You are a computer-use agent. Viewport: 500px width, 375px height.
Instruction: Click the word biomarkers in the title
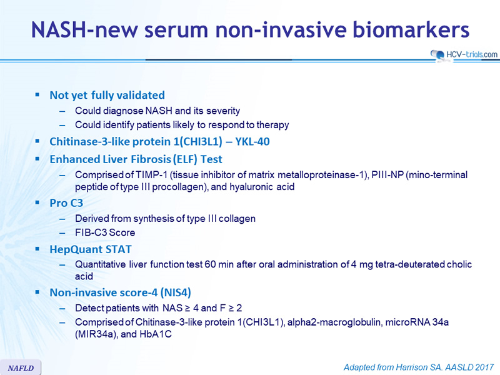(x=411, y=29)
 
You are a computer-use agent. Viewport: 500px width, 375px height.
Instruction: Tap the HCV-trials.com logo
(x=464, y=54)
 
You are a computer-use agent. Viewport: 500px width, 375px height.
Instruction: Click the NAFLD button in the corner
(x=21, y=367)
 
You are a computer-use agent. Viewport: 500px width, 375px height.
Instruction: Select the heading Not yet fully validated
(x=107, y=95)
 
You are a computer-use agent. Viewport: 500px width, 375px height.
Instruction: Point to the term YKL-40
(x=252, y=141)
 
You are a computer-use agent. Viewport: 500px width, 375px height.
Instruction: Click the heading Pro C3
(x=66, y=202)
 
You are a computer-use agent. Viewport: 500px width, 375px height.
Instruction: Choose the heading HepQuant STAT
(x=91, y=249)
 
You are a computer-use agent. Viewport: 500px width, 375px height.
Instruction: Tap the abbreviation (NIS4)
(x=176, y=292)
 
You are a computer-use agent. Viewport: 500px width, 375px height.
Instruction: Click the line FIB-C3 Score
(x=105, y=232)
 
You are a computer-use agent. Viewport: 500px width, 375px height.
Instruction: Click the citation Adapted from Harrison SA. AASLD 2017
(x=419, y=367)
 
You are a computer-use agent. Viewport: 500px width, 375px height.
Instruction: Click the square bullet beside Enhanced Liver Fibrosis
(x=37, y=159)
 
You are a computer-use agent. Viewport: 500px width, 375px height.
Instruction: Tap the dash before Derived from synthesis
(x=62, y=219)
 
